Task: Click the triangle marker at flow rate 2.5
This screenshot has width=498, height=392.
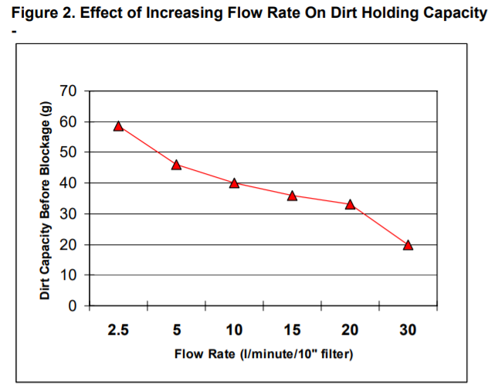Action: point(118,126)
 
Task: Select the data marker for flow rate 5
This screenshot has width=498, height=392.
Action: point(176,165)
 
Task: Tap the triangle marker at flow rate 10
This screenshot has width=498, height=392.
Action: point(234,183)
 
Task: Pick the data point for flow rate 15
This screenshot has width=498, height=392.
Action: point(292,196)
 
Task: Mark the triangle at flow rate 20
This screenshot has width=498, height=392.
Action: point(350,205)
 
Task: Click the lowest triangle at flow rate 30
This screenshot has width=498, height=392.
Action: point(408,245)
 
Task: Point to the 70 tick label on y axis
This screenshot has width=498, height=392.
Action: point(69,91)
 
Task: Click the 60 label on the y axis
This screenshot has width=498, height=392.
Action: point(69,122)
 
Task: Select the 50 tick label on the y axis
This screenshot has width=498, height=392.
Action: point(69,152)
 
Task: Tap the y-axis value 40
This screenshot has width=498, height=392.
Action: point(69,183)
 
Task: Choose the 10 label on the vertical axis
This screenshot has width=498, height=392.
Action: point(69,275)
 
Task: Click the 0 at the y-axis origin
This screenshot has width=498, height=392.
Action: point(73,306)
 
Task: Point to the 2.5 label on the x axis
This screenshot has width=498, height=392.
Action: point(118,330)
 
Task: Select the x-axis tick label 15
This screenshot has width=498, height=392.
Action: point(292,330)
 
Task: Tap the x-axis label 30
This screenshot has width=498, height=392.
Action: point(408,330)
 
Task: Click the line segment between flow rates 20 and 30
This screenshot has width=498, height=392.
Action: point(379,225)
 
